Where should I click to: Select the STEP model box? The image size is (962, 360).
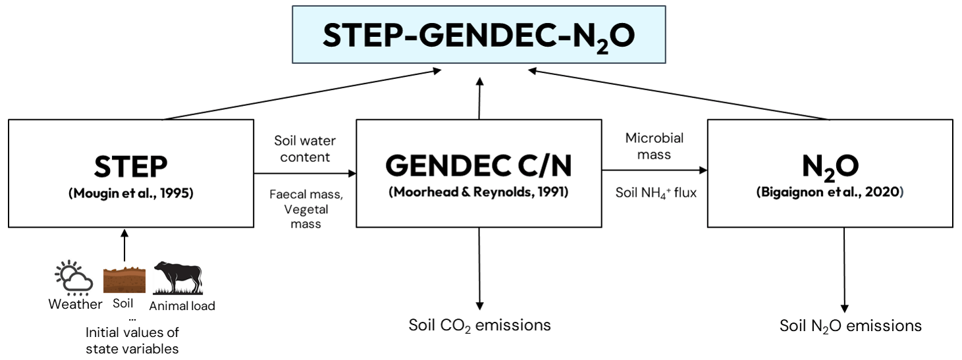[130, 173]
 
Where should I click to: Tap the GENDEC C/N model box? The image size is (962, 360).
[479, 173]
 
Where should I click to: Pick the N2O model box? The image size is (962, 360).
[830, 173]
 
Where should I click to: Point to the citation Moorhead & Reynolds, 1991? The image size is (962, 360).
[479, 192]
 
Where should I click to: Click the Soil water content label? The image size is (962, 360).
[305, 148]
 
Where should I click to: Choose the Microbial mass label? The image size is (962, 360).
[654, 146]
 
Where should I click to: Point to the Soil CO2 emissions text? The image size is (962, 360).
[479, 325]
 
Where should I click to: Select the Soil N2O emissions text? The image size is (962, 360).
[851, 326]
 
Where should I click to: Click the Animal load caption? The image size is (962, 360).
[182, 305]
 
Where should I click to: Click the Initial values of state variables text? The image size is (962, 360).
[132, 340]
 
